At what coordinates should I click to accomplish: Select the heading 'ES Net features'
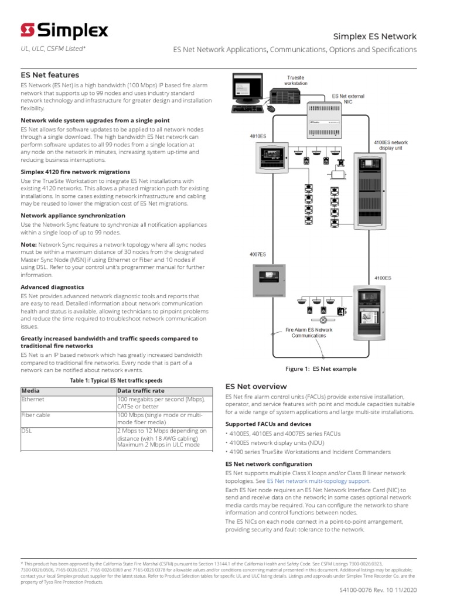[x=50, y=75]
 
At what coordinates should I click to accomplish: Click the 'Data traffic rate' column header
[x=141, y=390]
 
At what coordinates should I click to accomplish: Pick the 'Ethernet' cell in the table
[x=33, y=399]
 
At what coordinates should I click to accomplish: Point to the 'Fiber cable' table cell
[x=36, y=415]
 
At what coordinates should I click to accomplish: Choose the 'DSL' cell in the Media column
[x=26, y=431]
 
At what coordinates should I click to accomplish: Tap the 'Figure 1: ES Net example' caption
[x=321, y=369]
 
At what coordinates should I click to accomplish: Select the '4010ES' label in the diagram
[x=258, y=136]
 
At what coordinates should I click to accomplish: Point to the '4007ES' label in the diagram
[x=258, y=254]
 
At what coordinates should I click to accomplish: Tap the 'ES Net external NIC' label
[x=347, y=98]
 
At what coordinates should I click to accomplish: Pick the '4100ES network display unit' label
[x=391, y=145]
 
